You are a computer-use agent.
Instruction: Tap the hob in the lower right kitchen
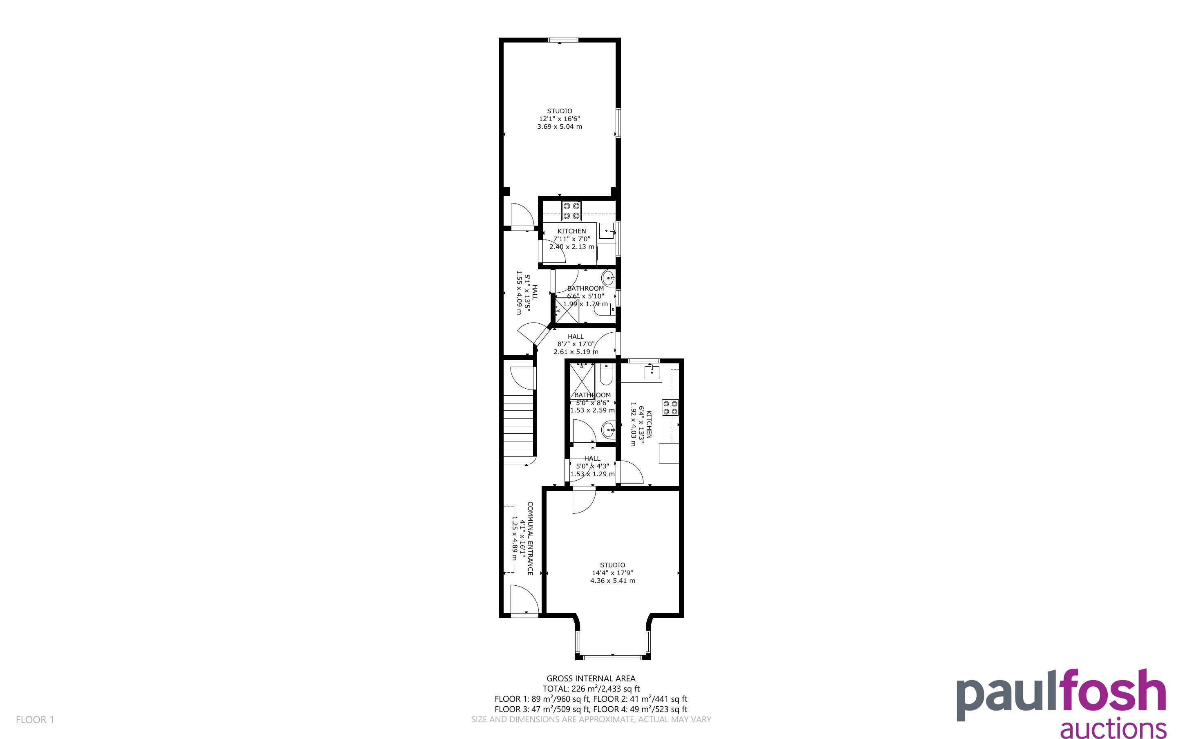[x=670, y=407]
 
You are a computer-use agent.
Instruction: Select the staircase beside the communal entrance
[x=518, y=432]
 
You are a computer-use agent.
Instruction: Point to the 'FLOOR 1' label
[x=35, y=719]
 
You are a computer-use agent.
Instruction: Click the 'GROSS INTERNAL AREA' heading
[x=591, y=679]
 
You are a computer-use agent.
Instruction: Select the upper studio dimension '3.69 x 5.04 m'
[x=560, y=127]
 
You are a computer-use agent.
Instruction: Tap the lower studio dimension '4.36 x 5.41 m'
[x=613, y=581]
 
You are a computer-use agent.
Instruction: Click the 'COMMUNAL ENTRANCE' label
[x=530, y=538]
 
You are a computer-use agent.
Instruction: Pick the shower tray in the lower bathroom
[x=583, y=381]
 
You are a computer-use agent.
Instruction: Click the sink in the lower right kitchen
[x=652, y=372]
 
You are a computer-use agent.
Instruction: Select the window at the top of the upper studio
[x=563, y=40]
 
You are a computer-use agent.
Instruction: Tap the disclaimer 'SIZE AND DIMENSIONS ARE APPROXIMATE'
[x=552, y=719]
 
